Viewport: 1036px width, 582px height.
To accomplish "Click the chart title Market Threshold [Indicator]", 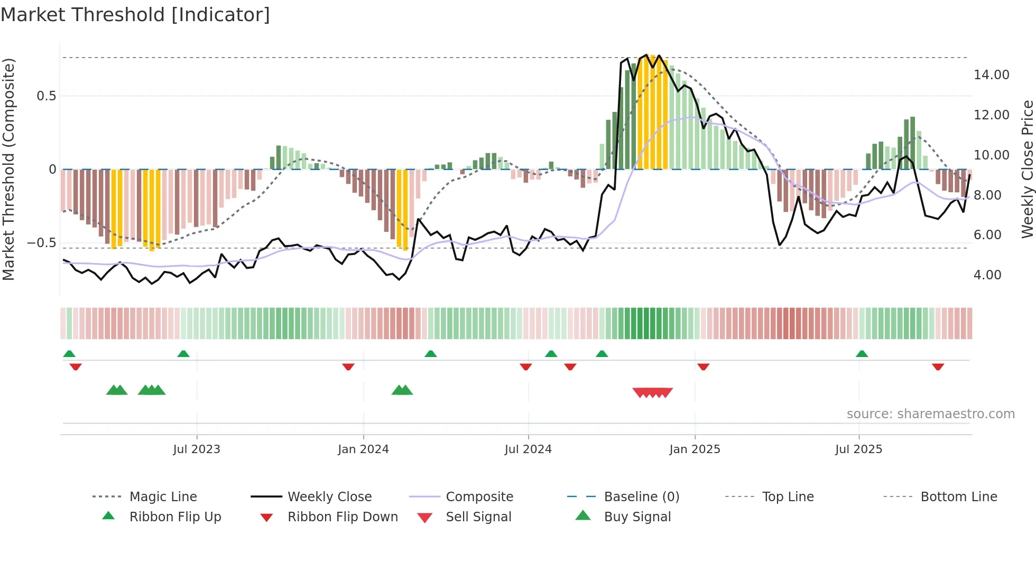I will click(135, 15).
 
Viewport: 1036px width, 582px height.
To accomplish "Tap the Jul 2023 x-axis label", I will click(197, 449).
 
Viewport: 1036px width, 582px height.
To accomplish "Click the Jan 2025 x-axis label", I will click(695, 449).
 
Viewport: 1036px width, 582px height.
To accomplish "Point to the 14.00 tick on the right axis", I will click(991, 75).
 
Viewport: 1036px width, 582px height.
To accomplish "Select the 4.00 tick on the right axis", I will click(987, 275).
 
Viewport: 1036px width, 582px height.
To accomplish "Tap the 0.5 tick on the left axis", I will click(46, 96).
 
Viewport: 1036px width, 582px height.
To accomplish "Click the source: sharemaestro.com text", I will click(930, 414).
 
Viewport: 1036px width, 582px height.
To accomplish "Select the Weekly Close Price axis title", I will click(1027, 169).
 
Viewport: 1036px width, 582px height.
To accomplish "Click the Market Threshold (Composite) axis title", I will click(8, 169).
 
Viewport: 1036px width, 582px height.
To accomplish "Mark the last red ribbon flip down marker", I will click(938, 367).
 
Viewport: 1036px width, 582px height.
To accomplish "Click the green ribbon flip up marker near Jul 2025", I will click(862, 354).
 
